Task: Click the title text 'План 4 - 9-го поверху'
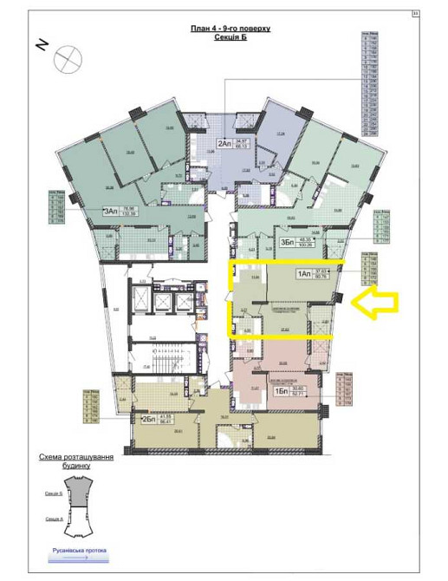[230, 29]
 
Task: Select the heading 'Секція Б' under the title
[230, 38]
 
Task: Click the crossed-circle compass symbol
[66, 59]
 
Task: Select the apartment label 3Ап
[111, 211]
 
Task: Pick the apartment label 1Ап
[304, 275]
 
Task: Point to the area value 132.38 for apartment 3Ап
[132, 213]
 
